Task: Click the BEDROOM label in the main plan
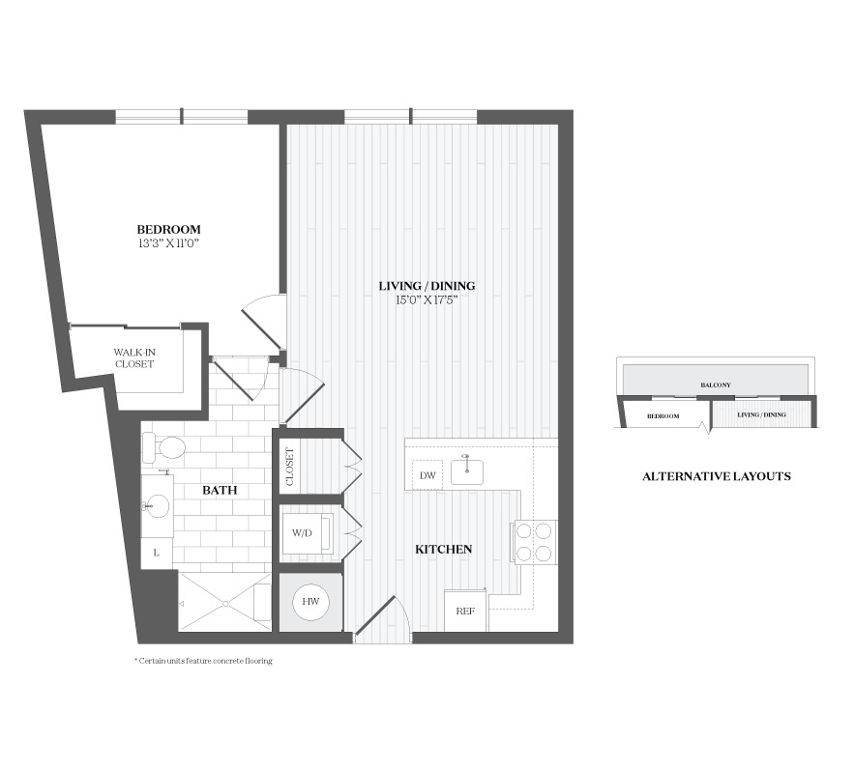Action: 168,230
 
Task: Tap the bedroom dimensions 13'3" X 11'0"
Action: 168,243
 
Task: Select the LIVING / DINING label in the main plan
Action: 427,286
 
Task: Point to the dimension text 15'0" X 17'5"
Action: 427,299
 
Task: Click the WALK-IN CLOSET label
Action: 134,358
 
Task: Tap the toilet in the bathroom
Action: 164,447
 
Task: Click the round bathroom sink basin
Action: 157,506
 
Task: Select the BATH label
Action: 220,490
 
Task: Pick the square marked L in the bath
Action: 157,554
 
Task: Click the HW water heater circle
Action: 310,602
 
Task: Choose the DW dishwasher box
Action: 427,474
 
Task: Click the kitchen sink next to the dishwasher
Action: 467,471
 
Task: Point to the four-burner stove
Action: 534,541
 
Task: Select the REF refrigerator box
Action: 465,611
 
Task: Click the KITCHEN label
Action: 443,550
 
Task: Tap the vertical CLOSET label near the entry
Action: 289,467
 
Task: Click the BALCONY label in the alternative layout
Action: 716,385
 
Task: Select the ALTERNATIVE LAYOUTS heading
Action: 717,476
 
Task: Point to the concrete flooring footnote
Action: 203,661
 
